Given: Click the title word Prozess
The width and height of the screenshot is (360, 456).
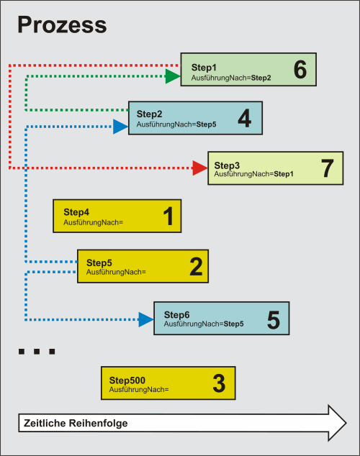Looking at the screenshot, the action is (62, 24).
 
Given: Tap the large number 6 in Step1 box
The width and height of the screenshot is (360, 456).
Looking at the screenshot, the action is (300, 70).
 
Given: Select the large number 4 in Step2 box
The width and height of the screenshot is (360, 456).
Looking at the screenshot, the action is (245, 119).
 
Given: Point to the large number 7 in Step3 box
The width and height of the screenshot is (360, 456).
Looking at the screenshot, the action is (327, 168).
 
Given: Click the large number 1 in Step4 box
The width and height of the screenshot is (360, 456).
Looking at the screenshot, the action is (168, 216).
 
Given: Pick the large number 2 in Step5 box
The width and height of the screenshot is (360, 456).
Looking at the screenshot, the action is (196, 266).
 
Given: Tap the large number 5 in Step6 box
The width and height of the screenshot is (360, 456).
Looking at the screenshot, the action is (274, 320).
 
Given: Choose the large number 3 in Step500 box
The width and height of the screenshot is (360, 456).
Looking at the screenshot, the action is (219, 383).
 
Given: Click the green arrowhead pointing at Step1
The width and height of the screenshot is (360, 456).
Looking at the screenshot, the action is (173, 76).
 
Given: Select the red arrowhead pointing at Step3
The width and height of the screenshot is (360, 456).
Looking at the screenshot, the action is (200, 168).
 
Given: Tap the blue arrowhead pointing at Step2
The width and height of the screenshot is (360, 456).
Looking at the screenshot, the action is (121, 127).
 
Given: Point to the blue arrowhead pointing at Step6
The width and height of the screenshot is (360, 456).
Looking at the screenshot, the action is (146, 319).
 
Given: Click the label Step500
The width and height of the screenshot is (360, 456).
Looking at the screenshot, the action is (127, 380).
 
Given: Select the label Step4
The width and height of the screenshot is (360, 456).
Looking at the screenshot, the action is (76, 212).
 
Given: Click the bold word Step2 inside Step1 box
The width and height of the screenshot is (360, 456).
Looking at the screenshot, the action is (261, 78).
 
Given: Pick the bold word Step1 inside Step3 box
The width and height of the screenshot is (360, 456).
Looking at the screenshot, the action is (284, 174).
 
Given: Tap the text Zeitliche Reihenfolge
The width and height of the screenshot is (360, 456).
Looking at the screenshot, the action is (76, 423).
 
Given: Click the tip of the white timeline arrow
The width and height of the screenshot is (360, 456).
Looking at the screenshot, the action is (346, 423).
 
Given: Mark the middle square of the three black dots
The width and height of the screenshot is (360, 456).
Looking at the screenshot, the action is (37, 351).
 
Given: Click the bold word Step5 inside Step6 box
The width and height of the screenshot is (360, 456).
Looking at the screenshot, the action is (234, 324).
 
